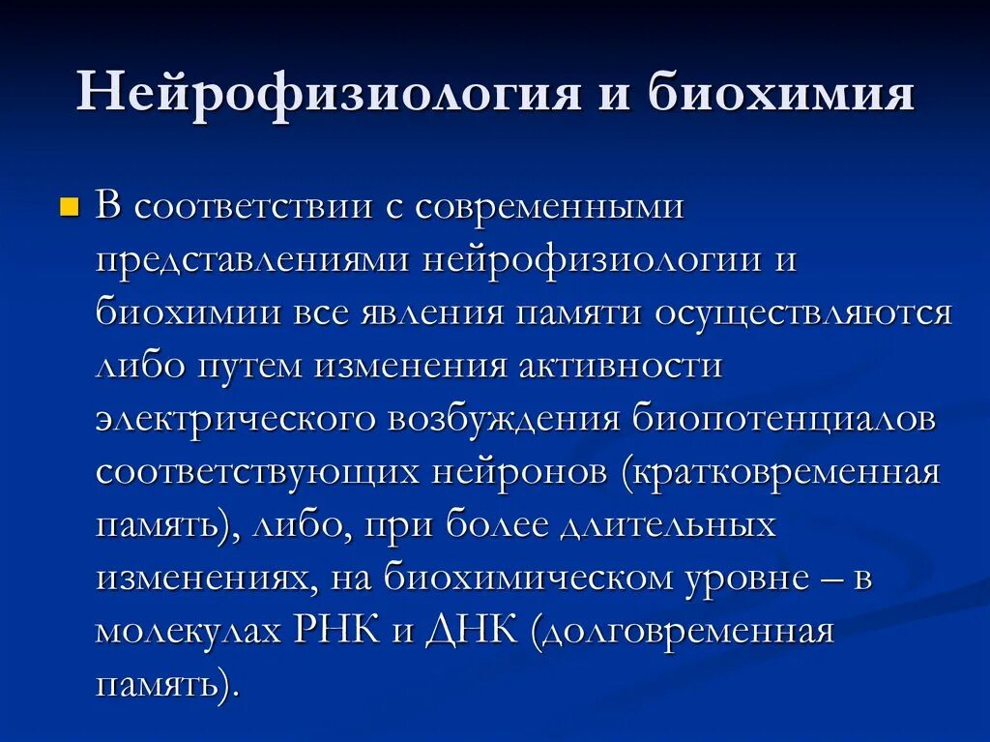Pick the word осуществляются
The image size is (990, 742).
pyautogui.click(x=803, y=315)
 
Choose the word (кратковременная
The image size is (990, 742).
pyautogui.click(x=781, y=473)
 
